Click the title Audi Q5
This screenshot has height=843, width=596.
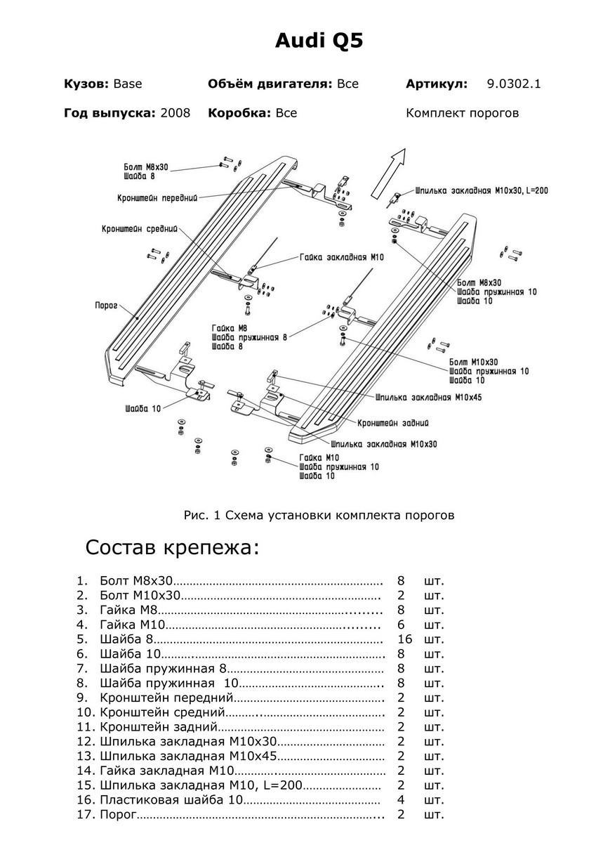click(x=318, y=41)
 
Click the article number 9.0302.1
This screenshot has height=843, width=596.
click(x=514, y=84)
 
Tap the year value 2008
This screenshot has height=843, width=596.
click(x=175, y=112)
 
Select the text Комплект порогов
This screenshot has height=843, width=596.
click(x=462, y=112)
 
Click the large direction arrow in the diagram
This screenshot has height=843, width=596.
click(x=387, y=174)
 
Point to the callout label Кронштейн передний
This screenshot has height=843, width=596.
click(x=157, y=198)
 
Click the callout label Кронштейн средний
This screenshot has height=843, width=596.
click(x=140, y=229)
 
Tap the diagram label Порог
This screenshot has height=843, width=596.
click(x=106, y=306)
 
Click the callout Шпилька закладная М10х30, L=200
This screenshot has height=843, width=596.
click(x=482, y=190)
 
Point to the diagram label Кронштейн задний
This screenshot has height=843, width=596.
click(x=393, y=423)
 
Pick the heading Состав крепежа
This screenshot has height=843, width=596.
click(x=172, y=547)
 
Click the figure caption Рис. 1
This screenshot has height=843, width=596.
click(x=319, y=515)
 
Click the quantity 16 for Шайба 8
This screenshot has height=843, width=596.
click(x=404, y=639)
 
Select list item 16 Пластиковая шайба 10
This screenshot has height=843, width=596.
click(x=171, y=800)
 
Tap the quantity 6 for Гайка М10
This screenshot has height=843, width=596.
click(x=401, y=625)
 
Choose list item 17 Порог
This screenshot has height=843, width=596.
click(x=119, y=815)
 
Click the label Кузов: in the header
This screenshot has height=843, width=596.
click(x=86, y=84)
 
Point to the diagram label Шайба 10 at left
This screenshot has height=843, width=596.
click(x=143, y=408)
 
